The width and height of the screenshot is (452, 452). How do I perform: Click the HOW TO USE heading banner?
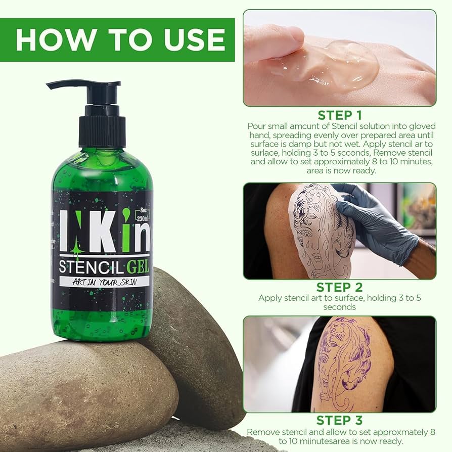(x=117, y=40)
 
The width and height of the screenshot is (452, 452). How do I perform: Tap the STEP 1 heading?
(x=340, y=115)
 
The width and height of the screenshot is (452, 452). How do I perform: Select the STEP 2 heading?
(x=340, y=287)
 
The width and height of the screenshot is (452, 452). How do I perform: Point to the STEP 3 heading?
(x=340, y=420)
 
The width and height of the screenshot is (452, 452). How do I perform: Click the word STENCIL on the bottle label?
(x=91, y=267)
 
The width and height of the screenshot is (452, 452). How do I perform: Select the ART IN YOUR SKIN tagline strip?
(x=104, y=282)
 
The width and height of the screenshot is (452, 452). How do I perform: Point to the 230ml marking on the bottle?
(x=143, y=218)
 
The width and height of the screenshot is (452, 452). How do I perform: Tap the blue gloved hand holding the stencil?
(x=375, y=219)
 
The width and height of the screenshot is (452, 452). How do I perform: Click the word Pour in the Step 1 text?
(x=256, y=126)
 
